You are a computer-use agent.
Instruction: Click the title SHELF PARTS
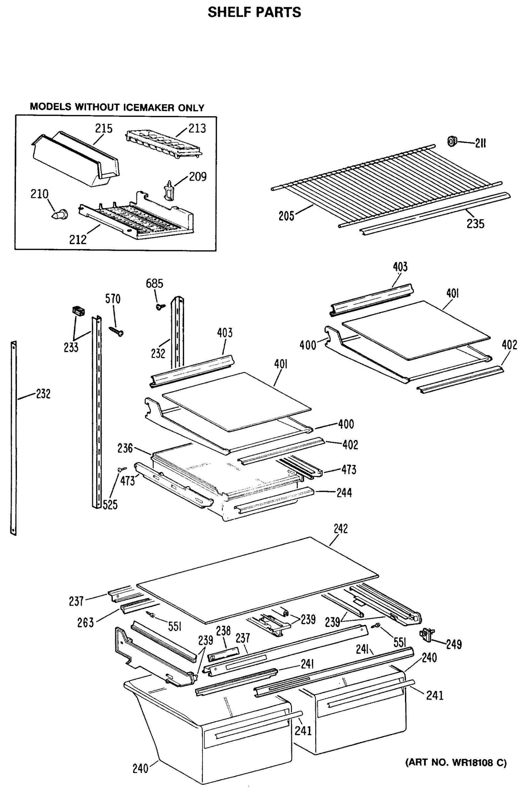tap(254, 13)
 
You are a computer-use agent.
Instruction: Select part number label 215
tap(103, 129)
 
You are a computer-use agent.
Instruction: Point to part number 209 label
tap(197, 177)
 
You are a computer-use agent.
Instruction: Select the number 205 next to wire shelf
tap(286, 216)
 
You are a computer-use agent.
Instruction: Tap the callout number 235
tap(475, 223)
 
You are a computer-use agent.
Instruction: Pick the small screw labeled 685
tap(160, 306)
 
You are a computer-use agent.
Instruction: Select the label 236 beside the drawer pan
tap(125, 448)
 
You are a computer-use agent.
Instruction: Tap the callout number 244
tap(344, 492)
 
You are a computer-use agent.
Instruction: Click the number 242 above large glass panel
tap(341, 529)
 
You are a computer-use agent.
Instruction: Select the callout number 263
tap(85, 622)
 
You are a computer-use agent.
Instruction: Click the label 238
tap(223, 631)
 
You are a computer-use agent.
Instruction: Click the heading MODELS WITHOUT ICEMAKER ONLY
tap(117, 107)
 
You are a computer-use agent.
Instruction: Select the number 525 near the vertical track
tap(110, 505)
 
